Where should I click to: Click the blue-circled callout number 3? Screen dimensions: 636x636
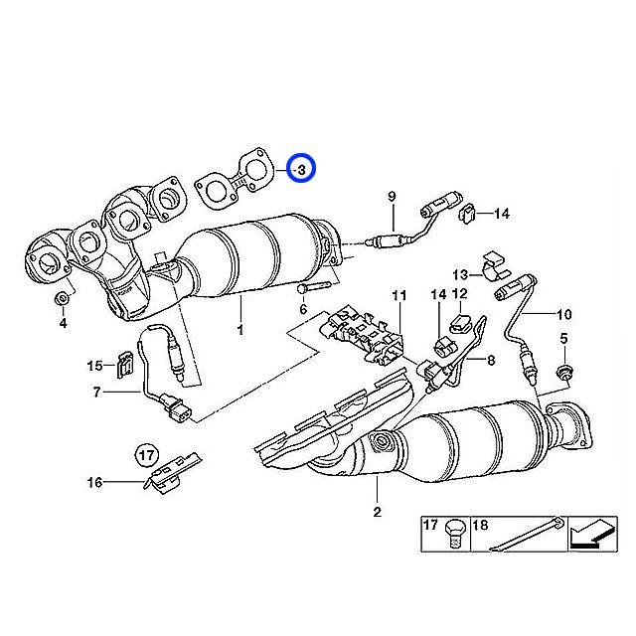pos(301,170)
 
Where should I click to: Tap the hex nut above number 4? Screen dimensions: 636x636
pos(62,299)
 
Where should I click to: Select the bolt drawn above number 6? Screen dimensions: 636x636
pos(314,288)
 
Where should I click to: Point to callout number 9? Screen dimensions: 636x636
pos(392,197)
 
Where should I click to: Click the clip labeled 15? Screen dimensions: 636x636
pos(125,365)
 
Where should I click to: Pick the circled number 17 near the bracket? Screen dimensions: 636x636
pos(147,455)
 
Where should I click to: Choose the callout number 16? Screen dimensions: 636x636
pos(95,482)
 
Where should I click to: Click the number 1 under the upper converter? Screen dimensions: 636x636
pos(240,329)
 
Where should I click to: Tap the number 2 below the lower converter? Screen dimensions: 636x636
pos(378,512)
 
